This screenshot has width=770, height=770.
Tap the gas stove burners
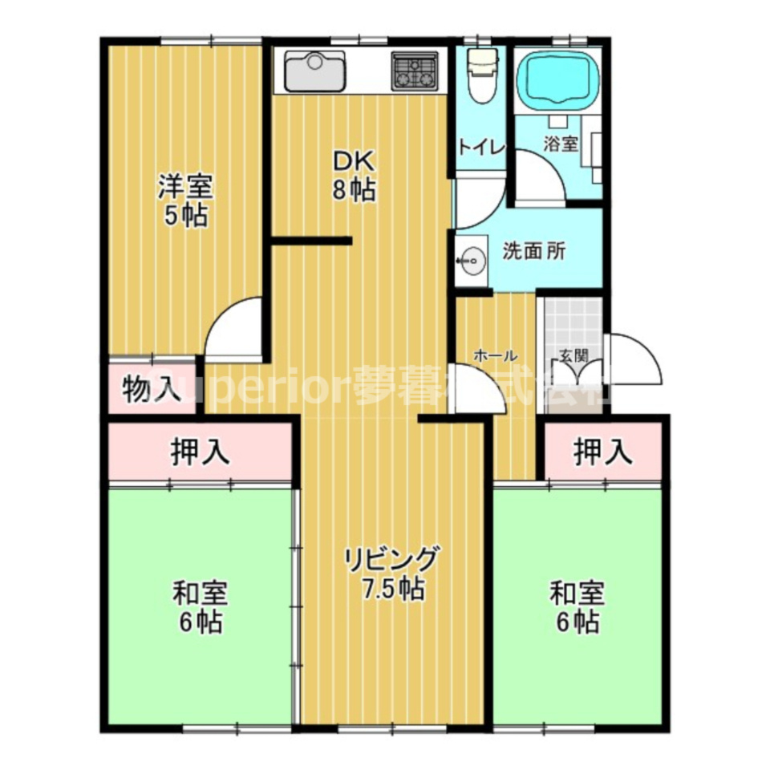(415, 71)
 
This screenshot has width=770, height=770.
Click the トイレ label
(481, 148)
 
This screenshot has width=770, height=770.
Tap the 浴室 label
(561, 144)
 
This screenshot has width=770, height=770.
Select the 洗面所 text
(534, 250)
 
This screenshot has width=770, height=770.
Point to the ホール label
(495, 355)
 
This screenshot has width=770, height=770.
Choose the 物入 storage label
(151, 391)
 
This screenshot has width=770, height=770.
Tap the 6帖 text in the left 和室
(201, 622)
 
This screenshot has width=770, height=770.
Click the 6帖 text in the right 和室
(577, 622)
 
